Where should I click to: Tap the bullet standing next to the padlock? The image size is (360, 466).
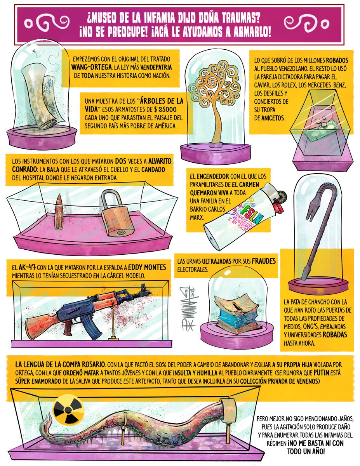(59, 212)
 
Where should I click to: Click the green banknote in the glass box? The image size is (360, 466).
(322, 130)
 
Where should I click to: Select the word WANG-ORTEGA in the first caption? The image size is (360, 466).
(92, 67)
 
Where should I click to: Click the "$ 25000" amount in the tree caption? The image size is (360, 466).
(165, 110)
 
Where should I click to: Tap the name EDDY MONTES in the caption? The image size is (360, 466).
(147, 268)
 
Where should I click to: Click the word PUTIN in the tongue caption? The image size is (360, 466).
(322, 373)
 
